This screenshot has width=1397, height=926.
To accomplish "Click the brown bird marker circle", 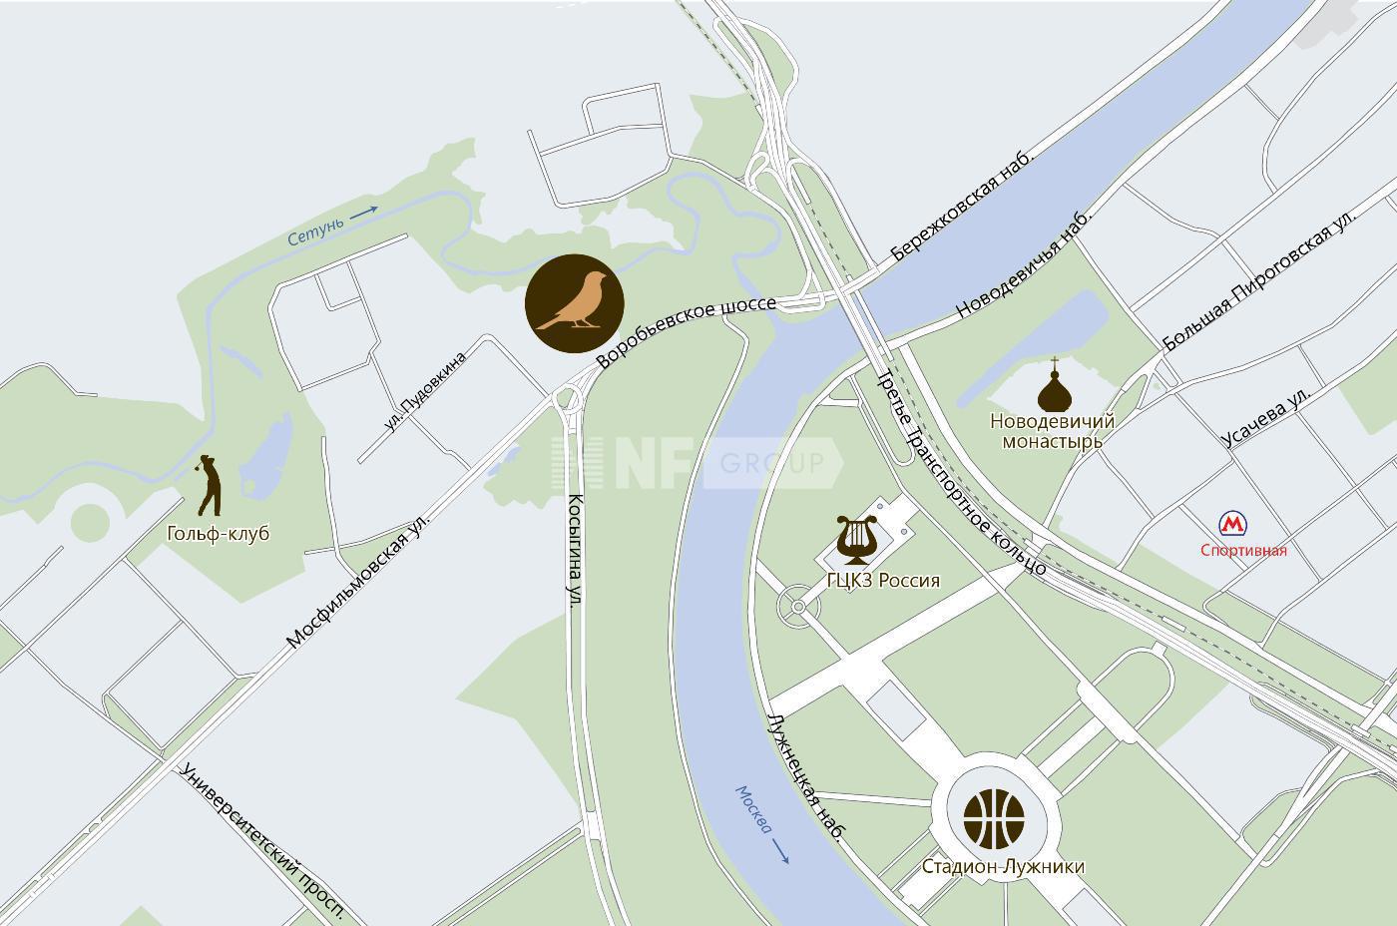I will coord(575,303).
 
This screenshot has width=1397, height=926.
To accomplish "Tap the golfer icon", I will coord(210,485).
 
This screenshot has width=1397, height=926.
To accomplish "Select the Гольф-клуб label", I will coord(219,533).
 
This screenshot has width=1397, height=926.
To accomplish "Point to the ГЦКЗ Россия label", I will coord(883,580).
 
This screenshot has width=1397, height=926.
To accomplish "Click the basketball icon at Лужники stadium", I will coord(994,816).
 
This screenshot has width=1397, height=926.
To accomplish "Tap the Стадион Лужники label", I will coord(1003,866).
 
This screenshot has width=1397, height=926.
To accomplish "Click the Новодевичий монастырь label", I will coord(1052,431).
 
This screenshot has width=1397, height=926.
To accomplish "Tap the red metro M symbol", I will coord(1233,524).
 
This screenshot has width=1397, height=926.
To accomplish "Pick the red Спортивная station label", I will coord(1243,550).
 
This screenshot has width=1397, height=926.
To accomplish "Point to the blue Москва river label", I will coord(754,808).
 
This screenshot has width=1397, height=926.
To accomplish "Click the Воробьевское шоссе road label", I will coord(686,331).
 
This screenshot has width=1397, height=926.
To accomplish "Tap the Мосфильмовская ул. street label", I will coord(357,582).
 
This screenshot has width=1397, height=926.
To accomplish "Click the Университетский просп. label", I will coord(263,841).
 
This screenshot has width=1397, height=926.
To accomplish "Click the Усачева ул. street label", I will coord(1266,416).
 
